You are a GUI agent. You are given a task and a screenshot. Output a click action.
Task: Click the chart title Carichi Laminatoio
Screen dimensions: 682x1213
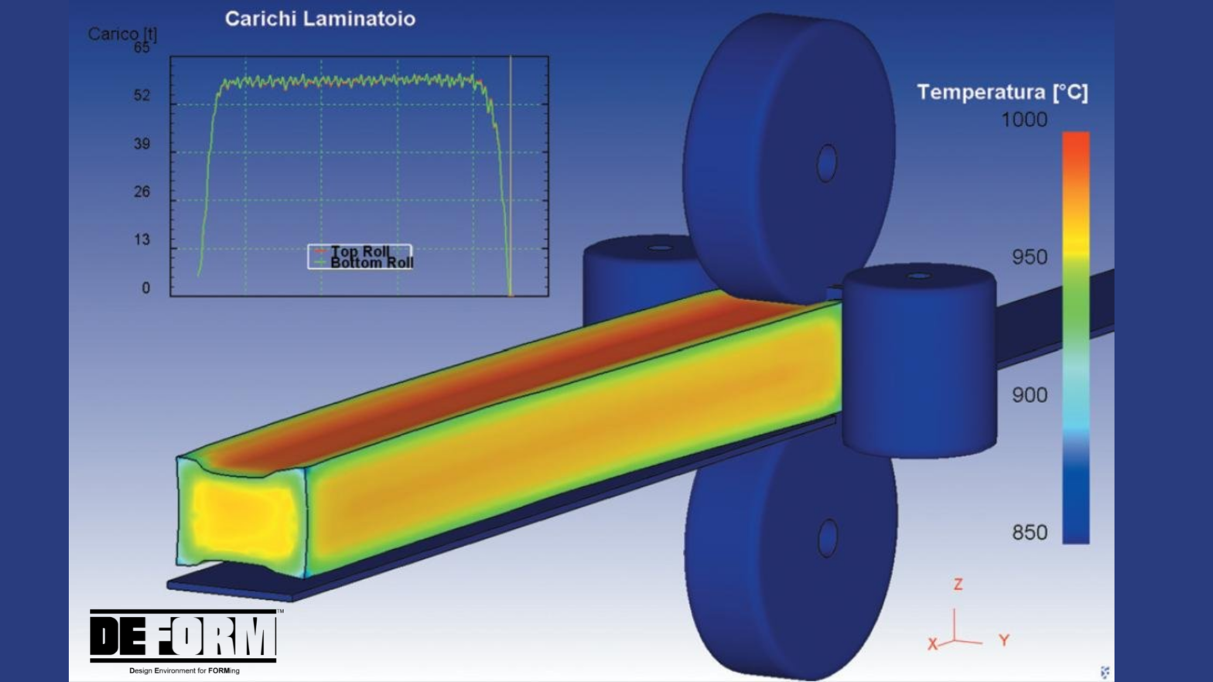click(x=319, y=19)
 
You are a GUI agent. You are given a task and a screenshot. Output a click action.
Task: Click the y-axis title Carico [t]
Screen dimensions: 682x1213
click(x=121, y=34)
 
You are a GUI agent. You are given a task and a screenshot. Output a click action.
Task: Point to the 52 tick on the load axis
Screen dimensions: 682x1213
click(x=142, y=96)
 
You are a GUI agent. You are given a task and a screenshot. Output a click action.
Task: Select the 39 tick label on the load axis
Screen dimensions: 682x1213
click(x=142, y=144)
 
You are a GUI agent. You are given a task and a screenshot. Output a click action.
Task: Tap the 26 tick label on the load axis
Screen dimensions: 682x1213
click(x=142, y=192)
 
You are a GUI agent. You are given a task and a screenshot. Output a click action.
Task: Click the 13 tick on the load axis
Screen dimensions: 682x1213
click(x=142, y=240)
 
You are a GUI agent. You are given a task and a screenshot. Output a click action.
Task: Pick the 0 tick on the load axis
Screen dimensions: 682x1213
click(x=145, y=288)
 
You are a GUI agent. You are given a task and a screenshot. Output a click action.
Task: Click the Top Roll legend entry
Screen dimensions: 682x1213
click(x=360, y=251)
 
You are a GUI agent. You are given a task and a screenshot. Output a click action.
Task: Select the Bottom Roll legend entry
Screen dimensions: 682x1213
click(x=371, y=263)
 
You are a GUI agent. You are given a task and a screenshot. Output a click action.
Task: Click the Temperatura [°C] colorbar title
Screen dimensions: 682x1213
click(x=1002, y=93)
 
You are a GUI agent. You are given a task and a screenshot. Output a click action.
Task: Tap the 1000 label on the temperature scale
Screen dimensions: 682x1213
click(x=1023, y=120)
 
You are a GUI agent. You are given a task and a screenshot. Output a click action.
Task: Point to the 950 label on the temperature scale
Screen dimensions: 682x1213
click(x=1029, y=257)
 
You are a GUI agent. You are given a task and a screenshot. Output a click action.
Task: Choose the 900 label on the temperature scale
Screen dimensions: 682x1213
click(x=1029, y=395)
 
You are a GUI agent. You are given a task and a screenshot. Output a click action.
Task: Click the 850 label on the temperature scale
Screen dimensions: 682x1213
click(x=1029, y=533)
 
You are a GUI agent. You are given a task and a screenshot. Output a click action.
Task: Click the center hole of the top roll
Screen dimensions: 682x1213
click(x=827, y=163)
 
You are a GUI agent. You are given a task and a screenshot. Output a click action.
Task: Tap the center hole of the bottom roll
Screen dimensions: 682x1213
click(x=828, y=537)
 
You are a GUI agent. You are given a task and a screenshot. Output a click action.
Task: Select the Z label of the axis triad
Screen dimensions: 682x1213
click(x=958, y=585)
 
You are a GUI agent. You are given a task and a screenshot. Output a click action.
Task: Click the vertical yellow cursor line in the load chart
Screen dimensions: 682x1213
click(x=511, y=178)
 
